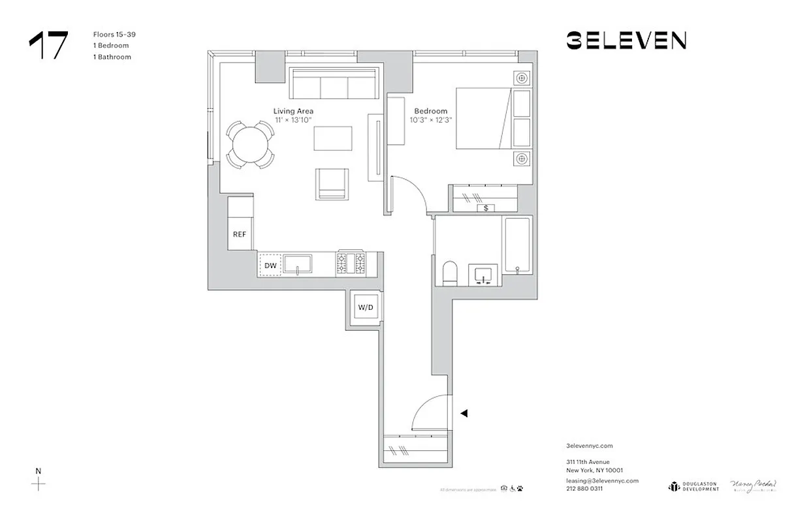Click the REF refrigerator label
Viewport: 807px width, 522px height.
(x=240, y=234)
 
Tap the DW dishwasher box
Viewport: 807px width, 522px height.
(x=270, y=265)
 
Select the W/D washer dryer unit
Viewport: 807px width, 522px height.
(x=362, y=307)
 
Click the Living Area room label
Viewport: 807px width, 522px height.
(x=293, y=112)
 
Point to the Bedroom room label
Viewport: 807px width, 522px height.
(x=431, y=112)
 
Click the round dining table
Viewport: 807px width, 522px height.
(x=250, y=145)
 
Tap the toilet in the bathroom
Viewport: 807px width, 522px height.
(x=451, y=273)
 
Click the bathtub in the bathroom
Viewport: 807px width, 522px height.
(x=518, y=245)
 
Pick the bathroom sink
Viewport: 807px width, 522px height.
(x=484, y=275)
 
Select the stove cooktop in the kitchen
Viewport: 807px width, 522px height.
(x=351, y=264)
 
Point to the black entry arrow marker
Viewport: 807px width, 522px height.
(x=464, y=413)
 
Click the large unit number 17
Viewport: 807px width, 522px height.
(x=48, y=45)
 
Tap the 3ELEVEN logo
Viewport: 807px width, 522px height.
(x=625, y=41)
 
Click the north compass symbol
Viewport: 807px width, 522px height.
(x=39, y=484)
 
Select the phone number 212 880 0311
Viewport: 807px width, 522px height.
(x=584, y=489)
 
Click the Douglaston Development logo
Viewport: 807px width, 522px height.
(x=693, y=486)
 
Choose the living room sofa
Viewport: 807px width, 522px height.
(x=334, y=84)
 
